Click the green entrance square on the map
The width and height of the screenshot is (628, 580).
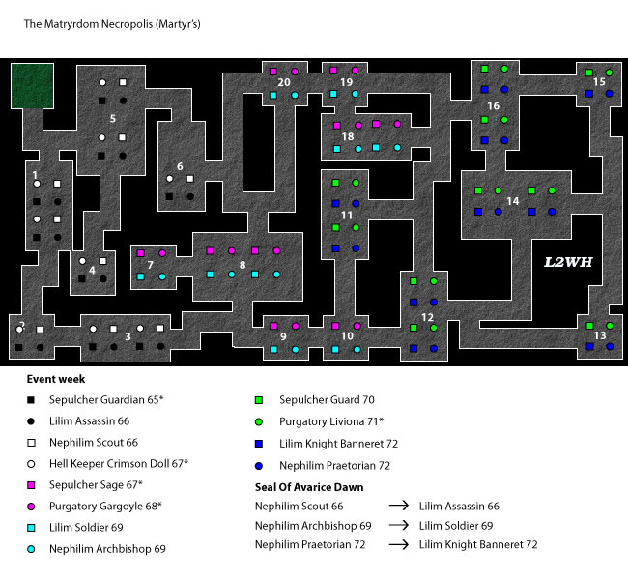[x=32, y=86]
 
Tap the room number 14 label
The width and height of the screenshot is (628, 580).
[x=513, y=201]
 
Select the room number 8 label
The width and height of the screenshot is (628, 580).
[x=243, y=265]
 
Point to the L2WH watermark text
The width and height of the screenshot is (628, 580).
[x=568, y=262]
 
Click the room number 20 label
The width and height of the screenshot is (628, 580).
[x=283, y=82]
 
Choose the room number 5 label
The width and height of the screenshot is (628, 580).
[x=113, y=119]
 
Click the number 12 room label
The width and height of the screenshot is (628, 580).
[x=427, y=317]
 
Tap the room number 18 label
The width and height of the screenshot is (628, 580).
[x=348, y=136]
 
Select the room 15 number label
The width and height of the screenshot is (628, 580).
[x=599, y=82]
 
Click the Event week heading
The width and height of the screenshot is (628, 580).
[x=56, y=379]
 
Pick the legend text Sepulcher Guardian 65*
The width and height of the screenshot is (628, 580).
[x=106, y=399]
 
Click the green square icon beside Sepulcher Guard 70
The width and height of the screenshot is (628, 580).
[x=259, y=400]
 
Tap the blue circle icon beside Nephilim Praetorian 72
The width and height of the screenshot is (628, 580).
[x=259, y=466]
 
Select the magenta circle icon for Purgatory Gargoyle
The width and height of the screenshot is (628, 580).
[x=31, y=507]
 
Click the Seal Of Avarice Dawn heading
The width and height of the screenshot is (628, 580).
[x=309, y=487]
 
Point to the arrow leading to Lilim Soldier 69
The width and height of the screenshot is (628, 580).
[x=398, y=525]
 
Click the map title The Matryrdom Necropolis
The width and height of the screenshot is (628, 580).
[x=112, y=24]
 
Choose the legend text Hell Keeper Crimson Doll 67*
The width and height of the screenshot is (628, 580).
[x=119, y=464]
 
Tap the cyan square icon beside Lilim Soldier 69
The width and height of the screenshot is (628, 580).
[x=31, y=528]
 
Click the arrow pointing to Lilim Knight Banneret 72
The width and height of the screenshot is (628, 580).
[x=398, y=544]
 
